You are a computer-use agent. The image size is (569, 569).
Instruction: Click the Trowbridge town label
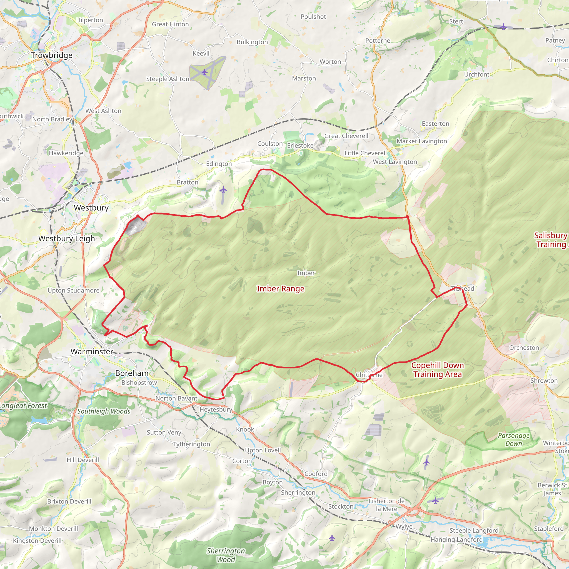pos(52,55)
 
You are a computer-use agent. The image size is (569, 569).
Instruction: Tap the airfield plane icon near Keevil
pos(205,72)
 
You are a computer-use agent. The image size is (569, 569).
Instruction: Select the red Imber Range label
pos(280,289)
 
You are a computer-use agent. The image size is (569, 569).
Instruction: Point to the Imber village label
pos(306,273)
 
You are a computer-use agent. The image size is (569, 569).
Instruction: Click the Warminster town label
pos(92,351)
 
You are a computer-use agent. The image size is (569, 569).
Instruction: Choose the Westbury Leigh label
pos(67,238)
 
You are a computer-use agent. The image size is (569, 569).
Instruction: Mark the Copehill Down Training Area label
pos(437,370)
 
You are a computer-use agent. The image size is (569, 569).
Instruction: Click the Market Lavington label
pos(422,141)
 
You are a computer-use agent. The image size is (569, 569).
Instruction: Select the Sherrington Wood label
pos(226,555)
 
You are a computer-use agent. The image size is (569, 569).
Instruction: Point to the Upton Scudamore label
pos(73,290)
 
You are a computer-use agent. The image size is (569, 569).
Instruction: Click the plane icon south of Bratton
pos(224,190)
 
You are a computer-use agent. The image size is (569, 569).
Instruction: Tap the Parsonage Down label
pos(514,440)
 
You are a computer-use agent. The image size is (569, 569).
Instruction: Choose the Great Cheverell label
pos(346,136)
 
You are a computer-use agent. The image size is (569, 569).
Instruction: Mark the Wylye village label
pos(404,526)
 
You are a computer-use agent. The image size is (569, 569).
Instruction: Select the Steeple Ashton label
pos(168,79)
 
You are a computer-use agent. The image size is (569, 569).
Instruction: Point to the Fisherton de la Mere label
pos(386,505)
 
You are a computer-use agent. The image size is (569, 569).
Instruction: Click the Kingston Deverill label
pos(37,541)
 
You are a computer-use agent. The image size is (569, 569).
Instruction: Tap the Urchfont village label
pos(476,74)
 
